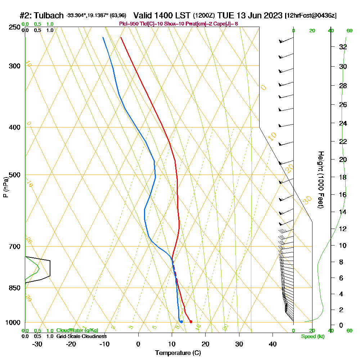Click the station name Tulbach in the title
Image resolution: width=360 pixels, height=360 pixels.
pyautogui.click(x=48, y=15)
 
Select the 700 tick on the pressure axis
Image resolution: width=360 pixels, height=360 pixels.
pyautogui.click(x=14, y=247)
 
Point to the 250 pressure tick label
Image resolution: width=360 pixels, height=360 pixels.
pyautogui.click(x=14, y=27)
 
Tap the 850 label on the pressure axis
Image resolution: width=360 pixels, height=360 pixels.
pyautogui.click(x=14, y=288)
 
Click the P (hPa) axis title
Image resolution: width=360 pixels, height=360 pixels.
pyautogui.click(x=5, y=187)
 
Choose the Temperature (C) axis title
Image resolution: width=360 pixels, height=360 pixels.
pyautogui.click(x=177, y=353)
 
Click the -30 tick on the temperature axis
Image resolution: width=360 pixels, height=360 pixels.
pyautogui.click(x=37, y=344)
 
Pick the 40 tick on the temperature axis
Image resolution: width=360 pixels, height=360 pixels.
pyautogui.click(x=273, y=344)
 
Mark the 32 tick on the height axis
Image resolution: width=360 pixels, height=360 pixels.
pyautogui.click(x=343, y=47)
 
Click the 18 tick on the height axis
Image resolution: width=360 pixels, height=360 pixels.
pyautogui.click(x=343, y=177)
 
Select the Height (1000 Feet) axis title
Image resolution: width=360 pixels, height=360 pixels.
pyautogui.click(x=320, y=180)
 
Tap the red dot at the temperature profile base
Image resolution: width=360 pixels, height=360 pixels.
pyautogui.click(x=191, y=321)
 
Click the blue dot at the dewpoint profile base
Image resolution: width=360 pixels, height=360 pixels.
pyautogui.click(x=182, y=321)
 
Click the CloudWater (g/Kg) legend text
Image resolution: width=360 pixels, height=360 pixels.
pyautogui.click(x=77, y=330)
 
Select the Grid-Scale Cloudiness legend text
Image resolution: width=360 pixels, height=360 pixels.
pyautogui.click(x=81, y=336)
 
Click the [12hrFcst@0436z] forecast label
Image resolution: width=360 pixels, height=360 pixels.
pyautogui.click(x=311, y=15)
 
